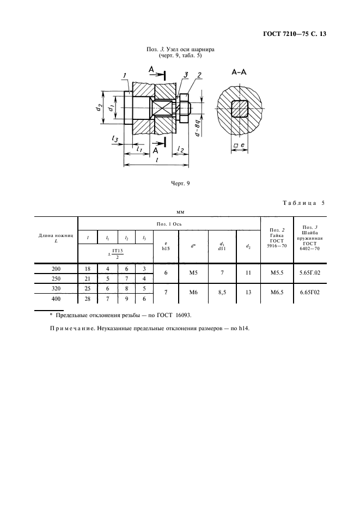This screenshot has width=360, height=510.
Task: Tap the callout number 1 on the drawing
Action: [125, 76]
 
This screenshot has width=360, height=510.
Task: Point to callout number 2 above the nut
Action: [199, 75]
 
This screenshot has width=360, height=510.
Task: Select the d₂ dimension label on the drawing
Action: [99, 107]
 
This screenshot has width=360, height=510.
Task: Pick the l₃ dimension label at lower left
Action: [115, 139]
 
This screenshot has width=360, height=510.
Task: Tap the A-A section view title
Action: [239, 72]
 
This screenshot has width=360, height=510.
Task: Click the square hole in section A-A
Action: [240, 108]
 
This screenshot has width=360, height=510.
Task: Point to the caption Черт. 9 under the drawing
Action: [180, 184]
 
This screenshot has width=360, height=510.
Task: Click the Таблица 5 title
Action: [304, 203]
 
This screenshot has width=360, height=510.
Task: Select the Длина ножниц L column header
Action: [56, 238]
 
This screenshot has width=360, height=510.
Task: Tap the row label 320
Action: [56, 288]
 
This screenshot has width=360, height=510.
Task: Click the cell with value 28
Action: [88, 299]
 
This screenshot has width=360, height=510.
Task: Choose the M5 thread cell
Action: [193, 272]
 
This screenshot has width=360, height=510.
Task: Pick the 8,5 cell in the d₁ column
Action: [222, 293]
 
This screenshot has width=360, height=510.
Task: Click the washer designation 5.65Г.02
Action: [310, 272]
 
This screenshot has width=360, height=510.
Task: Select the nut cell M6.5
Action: [277, 293]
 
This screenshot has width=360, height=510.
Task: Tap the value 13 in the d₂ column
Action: [248, 293]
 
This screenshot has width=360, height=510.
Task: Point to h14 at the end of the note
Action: [244, 329]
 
